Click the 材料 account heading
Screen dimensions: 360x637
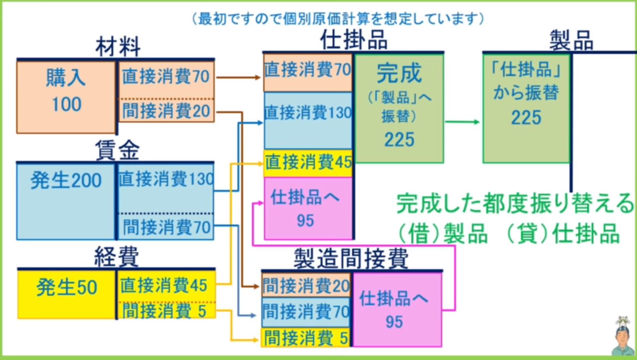[118, 47]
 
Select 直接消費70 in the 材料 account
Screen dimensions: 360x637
[166, 76]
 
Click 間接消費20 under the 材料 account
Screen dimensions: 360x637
[166, 111]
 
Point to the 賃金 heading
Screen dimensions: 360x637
[117, 150]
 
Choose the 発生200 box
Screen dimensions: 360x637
[66, 201]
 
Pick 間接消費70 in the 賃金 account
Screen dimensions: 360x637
[166, 227]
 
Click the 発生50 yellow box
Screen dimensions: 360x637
[67, 294]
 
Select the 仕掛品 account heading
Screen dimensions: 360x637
[354, 40]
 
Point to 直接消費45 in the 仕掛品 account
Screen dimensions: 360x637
[308, 162]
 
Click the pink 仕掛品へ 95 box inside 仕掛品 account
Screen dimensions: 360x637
[308, 208]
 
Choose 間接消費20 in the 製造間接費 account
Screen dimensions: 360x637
[306, 285]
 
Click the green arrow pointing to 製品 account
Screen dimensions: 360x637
[462, 122]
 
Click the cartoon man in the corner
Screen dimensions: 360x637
[623, 337]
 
